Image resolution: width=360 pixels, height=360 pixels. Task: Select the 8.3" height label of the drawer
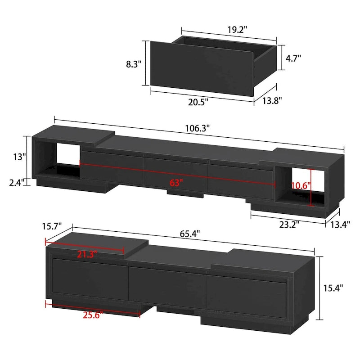[134, 64]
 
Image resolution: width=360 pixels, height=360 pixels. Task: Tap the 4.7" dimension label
[293, 58]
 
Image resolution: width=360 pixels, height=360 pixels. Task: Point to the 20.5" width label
[198, 102]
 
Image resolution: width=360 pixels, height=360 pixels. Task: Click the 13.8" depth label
[271, 101]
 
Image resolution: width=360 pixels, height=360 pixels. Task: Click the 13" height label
[20, 157]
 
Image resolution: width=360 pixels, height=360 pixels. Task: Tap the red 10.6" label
[301, 185]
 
